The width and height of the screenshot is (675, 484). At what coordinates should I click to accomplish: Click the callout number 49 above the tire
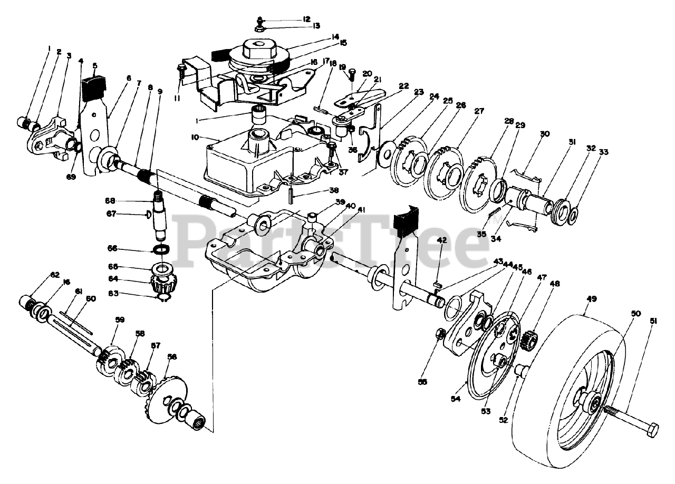click(x=591, y=298)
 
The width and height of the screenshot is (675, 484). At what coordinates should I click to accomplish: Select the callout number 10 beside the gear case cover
click(x=195, y=138)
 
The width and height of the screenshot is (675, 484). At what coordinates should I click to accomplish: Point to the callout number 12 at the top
click(x=307, y=19)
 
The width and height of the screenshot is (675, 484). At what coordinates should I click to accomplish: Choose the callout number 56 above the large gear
click(x=172, y=357)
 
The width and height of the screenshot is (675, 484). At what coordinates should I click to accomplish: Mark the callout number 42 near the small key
click(x=442, y=240)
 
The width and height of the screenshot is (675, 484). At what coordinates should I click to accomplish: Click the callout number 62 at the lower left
click(x=41, y=275)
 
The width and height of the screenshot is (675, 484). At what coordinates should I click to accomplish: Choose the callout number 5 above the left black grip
click(x=95, y=66)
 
